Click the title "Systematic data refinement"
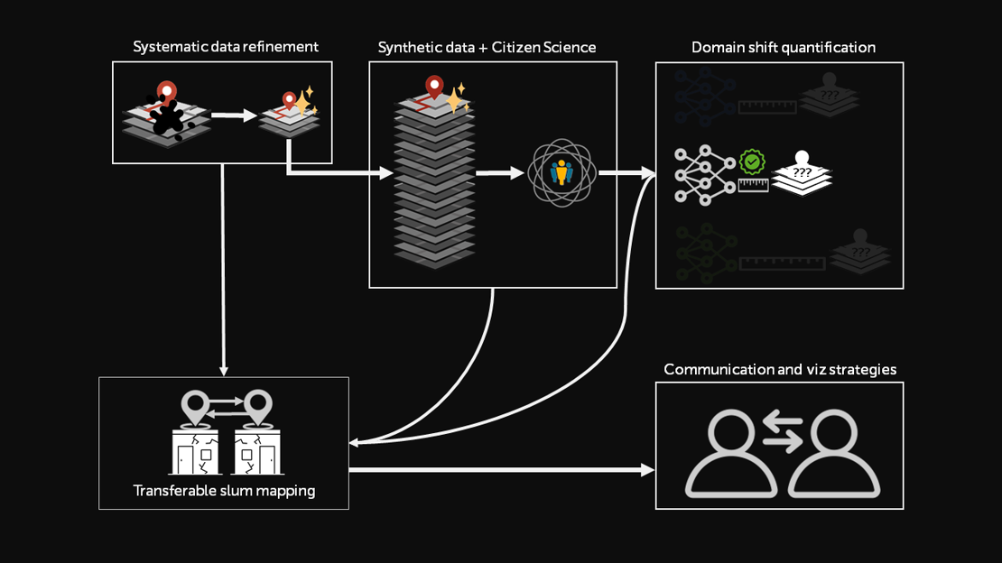226,47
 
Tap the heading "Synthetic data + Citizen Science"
487,47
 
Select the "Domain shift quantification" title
783,47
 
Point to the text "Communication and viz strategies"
779,369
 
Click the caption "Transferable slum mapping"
224,491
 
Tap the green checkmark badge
752,162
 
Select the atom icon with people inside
562,171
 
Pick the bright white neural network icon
704,173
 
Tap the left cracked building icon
197,451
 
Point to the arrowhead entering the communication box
647,470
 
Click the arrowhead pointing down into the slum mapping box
223,369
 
